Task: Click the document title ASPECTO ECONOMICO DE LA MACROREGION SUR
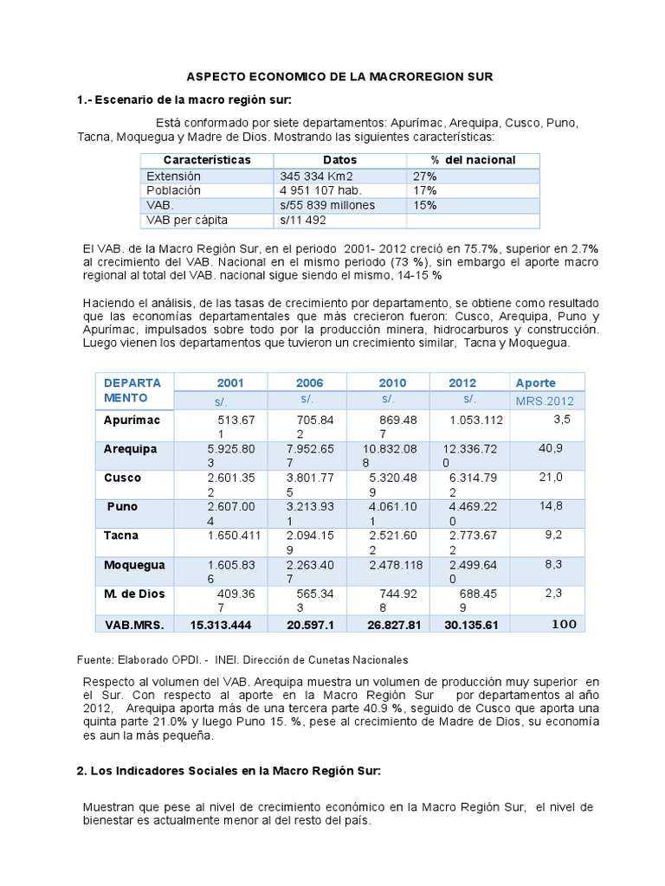[341, 77]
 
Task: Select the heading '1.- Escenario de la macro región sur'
[185, 100]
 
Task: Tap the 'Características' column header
[206, 160]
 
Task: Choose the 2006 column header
[309, 383]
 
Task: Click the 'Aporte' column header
[535, 382]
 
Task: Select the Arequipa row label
[131, 449]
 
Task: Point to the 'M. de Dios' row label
[134, 594]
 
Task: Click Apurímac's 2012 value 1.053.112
[476, 421]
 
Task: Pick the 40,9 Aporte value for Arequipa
[551, 448]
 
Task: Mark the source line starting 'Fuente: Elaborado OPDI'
[243, 659]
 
